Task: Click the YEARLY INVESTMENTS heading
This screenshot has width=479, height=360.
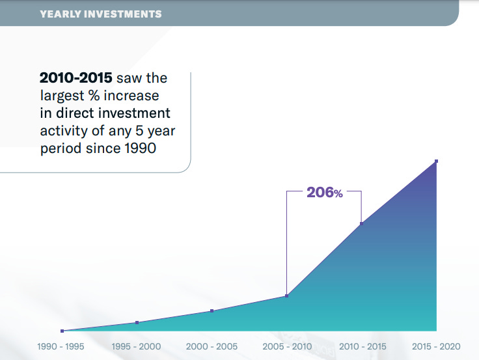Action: pos(101,14)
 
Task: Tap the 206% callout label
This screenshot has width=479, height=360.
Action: pos(324,193)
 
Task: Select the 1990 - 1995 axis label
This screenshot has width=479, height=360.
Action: pos(61,346)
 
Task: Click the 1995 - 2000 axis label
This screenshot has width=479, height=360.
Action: pos(136,346)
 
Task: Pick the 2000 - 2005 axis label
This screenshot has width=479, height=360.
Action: pos(212,346)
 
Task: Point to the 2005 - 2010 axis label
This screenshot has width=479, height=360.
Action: pos(287,346)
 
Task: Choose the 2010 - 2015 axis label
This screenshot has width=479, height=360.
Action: pos(363,346)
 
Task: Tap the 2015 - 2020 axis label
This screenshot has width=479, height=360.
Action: pos(436,346)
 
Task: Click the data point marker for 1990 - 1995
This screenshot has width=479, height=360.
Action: pos(62,331)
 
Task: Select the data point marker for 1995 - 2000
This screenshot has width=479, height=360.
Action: pos(137,322)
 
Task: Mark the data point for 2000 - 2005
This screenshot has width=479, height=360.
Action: pos(212,311)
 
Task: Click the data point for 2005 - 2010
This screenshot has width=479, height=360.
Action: pos(287,296)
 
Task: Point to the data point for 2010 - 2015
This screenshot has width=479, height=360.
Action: pos(362,224)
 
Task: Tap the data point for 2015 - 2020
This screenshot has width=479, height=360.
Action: pos(437,161)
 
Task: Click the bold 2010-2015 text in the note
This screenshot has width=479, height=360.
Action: pos(76,78)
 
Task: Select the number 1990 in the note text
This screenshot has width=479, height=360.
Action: pos(141,148)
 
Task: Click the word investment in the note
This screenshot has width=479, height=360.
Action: pos(134,113)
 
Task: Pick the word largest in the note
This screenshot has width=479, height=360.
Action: pos(62,96)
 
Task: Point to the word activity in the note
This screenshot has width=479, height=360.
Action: pos(64,131)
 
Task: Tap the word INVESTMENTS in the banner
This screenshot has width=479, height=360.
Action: pos(122,14)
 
